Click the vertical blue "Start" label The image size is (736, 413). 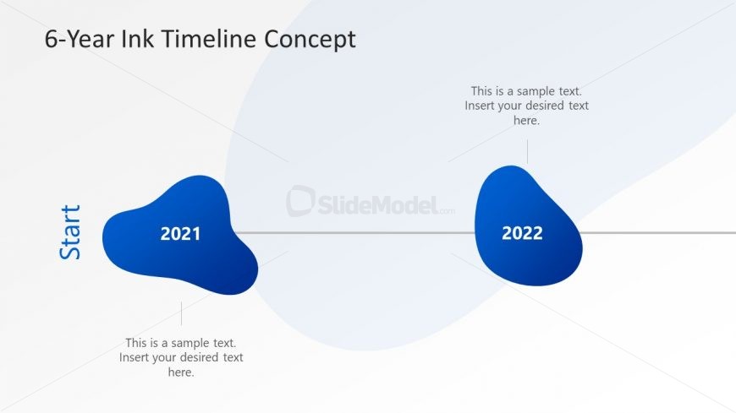click(x=71, y=232)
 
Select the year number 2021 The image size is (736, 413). click(x=181, y=234)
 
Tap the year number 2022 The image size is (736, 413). click(x=522, y=233)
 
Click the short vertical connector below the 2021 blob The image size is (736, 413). click(x=181, y=313)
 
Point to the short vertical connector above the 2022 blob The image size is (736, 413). click(x=527, y=152)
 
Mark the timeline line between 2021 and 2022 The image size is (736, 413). click(x=355, y=232)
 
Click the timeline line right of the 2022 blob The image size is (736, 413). click(x=660, y=232)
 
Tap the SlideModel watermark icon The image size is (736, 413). click(x=300, y=202)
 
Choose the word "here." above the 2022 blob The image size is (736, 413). click(x=526, y=120)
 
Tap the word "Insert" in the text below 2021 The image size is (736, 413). click(x=136, y=357)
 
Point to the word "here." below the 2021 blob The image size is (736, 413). click(x=181, y=372)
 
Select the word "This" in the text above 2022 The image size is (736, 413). click(x=482, y=91)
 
